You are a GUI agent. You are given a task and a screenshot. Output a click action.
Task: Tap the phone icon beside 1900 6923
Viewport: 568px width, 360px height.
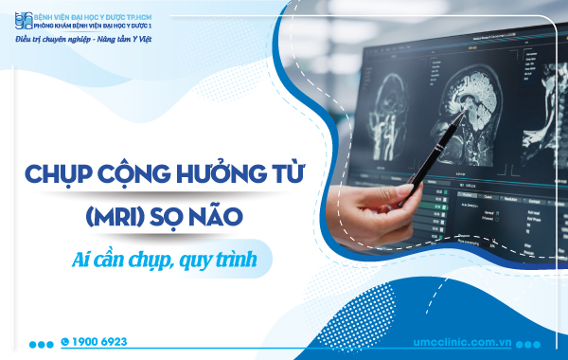pyautogui.click(x=65, y=341)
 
